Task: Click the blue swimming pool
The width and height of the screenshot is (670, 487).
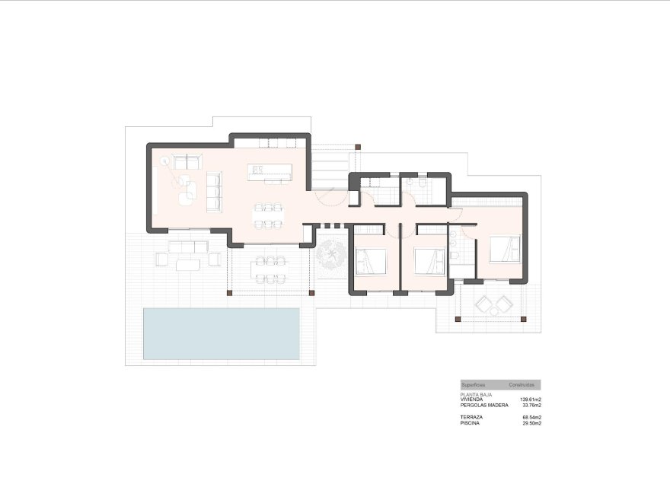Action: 221,333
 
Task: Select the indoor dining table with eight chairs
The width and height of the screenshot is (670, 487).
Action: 268,214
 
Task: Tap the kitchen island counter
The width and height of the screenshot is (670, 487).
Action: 269,173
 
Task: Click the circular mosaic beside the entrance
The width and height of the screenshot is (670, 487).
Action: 331,256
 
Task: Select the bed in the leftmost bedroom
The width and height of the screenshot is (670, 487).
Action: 372,262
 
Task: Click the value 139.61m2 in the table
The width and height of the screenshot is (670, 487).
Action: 531,399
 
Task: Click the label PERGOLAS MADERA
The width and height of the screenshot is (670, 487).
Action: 484,405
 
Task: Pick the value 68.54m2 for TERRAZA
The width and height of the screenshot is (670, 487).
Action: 531,418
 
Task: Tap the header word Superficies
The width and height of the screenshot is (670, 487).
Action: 474,386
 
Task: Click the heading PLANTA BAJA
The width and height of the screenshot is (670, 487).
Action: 477,395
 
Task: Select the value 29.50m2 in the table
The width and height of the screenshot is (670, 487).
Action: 531,423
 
